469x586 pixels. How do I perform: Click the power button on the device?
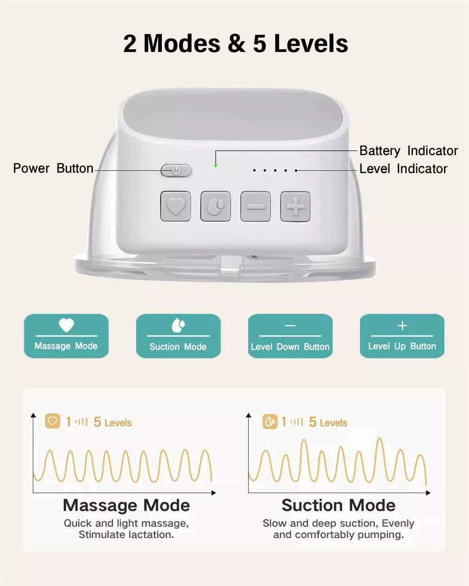click(176, 171)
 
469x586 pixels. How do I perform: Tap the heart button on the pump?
click(175, 206)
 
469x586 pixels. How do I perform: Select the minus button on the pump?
click(256, 206)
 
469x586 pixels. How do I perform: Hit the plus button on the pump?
click(295, 206)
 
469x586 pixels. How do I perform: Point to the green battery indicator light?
click(215, 165)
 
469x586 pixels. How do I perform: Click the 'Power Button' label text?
click(53, 168)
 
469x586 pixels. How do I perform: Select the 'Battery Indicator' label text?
click(408, 150)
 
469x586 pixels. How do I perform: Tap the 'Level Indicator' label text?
click(403, 169)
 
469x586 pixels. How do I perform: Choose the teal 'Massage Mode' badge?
click(66, 336)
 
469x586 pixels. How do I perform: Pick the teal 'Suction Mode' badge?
click(178, 336)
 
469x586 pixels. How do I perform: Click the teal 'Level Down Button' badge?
click(290, 336)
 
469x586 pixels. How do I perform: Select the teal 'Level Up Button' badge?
click(402, 336)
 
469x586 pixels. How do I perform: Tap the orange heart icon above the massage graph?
click(53, 421)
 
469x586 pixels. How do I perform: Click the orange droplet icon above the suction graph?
click(270, 421)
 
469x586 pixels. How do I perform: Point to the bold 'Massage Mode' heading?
click(126, 505)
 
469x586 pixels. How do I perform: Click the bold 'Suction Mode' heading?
click(338, 505)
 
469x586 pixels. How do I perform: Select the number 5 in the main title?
click(260, 44)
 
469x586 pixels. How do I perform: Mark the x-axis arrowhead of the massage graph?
click(213, 493)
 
